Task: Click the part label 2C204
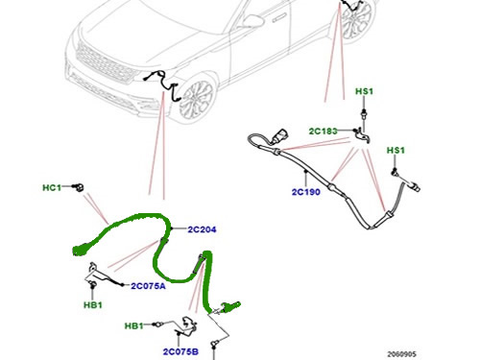pos(202,229)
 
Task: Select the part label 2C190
pos(306,192)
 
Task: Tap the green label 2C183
pos(324,131)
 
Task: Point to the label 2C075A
pos(148,286)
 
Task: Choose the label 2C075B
pos(180,351)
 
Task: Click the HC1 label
pos(52,187)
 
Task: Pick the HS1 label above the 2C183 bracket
pos(365,91)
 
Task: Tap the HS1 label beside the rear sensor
pos(396,150)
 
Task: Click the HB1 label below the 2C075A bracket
pos(93,305)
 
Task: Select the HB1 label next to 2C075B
pos(133,326)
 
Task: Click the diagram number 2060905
pos(402,354)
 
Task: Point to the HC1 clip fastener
pos(79,186)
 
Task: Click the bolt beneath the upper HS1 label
pos(364,113)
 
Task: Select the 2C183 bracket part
pos(363,135)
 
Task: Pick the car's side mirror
pos(252,21)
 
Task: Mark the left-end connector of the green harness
pos(80,250)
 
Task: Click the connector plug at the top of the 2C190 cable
pos(279,135)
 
